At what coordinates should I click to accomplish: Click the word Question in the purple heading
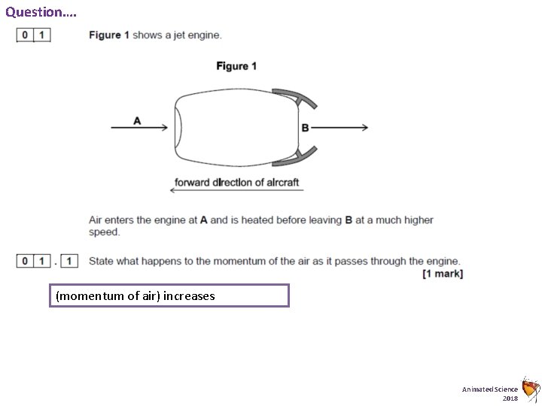(x=35, y=12)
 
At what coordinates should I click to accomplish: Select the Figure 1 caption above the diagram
(x=236, y=66)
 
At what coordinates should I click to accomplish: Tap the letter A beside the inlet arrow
(x=137, y=120)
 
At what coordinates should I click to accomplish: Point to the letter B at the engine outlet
(x=305, y=128)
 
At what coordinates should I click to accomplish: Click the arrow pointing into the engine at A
(x=139, y=128)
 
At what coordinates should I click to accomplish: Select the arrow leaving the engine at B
(x=339, y=128)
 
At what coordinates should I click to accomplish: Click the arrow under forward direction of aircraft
(x=236, y=190)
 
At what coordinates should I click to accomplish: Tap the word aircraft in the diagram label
(x=281, y=181)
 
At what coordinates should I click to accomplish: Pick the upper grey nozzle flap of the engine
(x=294, y=97)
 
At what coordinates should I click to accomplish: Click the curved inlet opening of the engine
(x=178, y=128)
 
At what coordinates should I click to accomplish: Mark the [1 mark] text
(x=443, y=274)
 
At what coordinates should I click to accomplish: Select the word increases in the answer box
(x=190, y=296)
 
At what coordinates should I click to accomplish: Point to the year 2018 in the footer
(x=510, y=397)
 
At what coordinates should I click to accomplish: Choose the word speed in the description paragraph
(x=104, y=232)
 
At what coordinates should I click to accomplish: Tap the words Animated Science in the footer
(x=490, y=388)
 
